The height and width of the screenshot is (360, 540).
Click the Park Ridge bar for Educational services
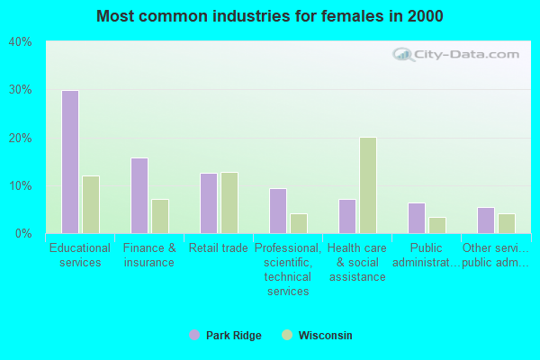pyautogui.click(x=69, y=162)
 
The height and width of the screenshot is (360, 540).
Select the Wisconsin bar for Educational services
pyautogui.click(x=91, y=204)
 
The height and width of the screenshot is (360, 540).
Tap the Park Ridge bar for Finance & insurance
pyautogui.click(x=139, y=195)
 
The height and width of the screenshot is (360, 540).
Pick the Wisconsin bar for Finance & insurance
pyautogui.click(x=160, y=216)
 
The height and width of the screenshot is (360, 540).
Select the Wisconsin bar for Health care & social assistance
pyautogui.click(x=368, y=185)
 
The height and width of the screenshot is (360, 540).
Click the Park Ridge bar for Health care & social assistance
pyautogui.click(x=346, y=216)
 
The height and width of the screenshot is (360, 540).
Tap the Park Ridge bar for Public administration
pyautogui.click(x=416, y=218)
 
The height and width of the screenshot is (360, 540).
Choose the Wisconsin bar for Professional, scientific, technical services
pyautogui.click(x=299, y=223)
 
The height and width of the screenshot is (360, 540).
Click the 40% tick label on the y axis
pyautogui.click(x=21, y=42)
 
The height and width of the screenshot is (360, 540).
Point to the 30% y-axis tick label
pyautogui.click(x=21, y=90)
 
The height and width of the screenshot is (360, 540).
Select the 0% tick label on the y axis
pyautogui.click(x=23, y=234)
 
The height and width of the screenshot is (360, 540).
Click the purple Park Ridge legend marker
pyautogui.click(x=194, y=336)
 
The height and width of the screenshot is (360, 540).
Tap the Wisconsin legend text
pyautogui.click(x=325, y=336)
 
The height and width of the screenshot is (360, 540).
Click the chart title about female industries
pyautogui.click(x=270, y=16)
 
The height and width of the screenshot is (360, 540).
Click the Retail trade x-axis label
pyautogui.click(x=218, y=248)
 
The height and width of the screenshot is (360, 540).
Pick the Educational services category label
pyautogui.click(x=80, y=255)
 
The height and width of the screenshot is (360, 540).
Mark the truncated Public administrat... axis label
pyautogui.click(x=426, y=255)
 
